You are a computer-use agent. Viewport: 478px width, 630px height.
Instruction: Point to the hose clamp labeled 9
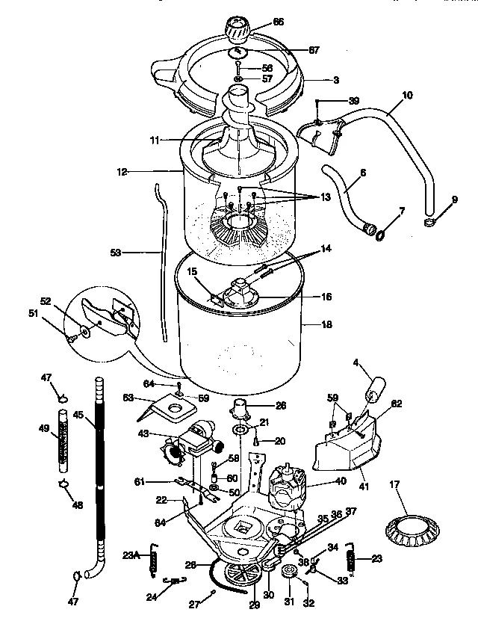tap(430, 223)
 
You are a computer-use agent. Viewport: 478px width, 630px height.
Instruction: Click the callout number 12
tap(122, 172)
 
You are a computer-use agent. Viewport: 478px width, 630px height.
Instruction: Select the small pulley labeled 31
tap(290, 573)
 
